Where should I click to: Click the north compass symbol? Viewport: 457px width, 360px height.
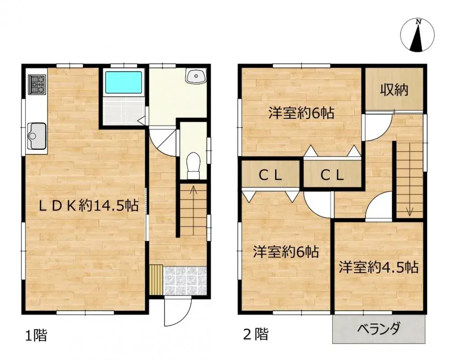pyautogui.click(x=417, y=36)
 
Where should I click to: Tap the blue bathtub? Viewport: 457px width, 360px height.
pyautogui.click(x=123, y=82)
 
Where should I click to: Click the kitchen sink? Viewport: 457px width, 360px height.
pyautogui.click(x=36, y=134)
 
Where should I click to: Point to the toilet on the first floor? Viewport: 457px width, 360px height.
pyautogui.click(x=194, y=165)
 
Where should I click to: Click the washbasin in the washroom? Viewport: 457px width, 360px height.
pyautogui.click(x=197, y=76)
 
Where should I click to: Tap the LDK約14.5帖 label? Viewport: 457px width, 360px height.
pyautogui.click(x=88, y=206)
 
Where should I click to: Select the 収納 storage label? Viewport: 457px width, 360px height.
pyautogui.click(x=394, y=90)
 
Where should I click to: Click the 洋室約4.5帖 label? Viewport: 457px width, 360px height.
pyautogui.click(x=378, y=267)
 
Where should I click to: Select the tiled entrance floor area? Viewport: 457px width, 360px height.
pyautogui.click(x=185, y=280)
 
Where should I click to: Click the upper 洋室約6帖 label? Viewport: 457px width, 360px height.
pyautogui.click(x=301, y=113)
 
